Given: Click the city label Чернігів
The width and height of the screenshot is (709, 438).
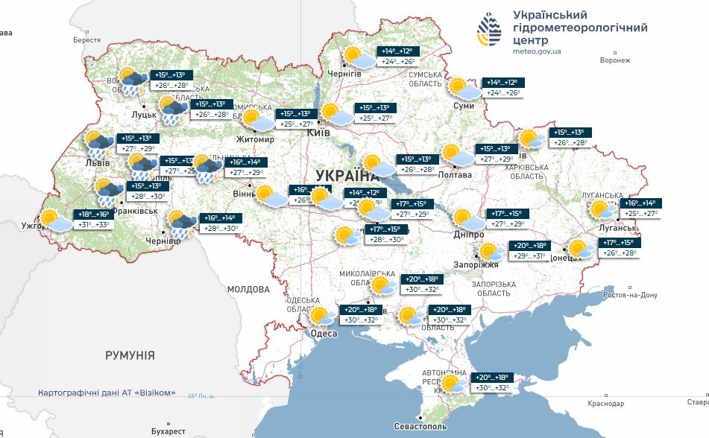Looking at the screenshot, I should pyautogui.click(x=344, y=74).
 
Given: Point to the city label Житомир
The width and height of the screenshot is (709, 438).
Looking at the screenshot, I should pyautogui.click(x=255, y=139).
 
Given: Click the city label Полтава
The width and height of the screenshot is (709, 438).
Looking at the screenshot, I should pyautogui.click(x=456, y=174).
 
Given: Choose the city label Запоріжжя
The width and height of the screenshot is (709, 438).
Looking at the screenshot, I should pyautogui.click(x=476, y=264).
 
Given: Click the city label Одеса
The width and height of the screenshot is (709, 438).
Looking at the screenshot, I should pyautogui.click(x=324, y=334).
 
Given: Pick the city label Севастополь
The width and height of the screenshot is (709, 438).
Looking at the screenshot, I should pyautogui.click(x=420, y=427).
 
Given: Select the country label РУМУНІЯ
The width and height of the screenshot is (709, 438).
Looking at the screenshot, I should pyautogui.click(x=130, y=356).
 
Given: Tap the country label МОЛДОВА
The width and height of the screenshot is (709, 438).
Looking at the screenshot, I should pyautogui.click(x=248, y=289).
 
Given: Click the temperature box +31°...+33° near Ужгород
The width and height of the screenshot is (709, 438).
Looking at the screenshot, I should pyautogui.click(x=93, y=224).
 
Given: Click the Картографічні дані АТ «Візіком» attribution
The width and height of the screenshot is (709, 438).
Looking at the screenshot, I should pyautogui.click(x=107, y=393).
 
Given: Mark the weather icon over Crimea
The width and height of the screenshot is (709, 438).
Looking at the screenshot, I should pyautogui.click(x=453, y=384).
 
